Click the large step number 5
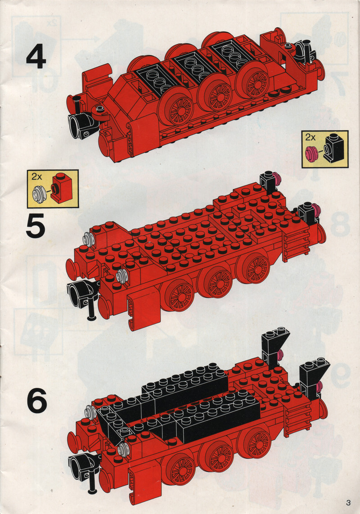tap(36, 225)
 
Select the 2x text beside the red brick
tap(37, 177)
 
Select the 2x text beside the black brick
tap(310, 137)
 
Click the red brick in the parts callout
tap(61, 189)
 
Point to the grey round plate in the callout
tap(39, 194)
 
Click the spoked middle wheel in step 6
tap(216, 455)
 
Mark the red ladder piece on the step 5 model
tap(296, 244)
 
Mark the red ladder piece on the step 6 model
tap(297, 418)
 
